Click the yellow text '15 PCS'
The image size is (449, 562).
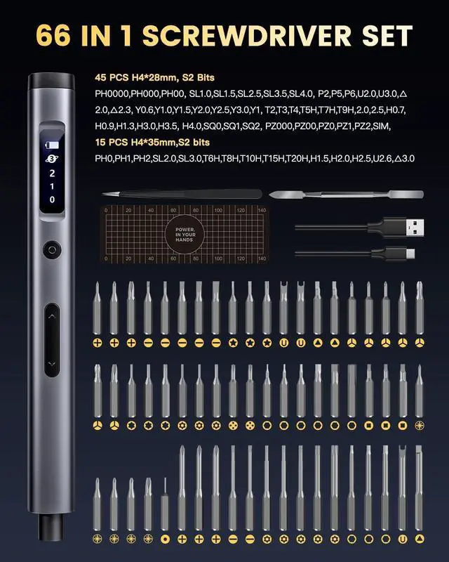point(113,143)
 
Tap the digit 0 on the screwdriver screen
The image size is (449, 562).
point(52,199)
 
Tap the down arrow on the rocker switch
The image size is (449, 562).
point(52,363)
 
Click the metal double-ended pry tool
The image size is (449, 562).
point(347,193)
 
